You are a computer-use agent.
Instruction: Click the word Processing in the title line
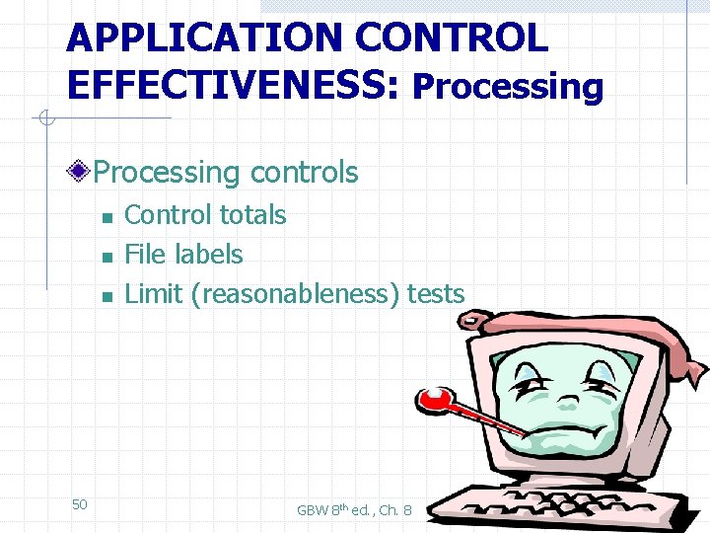(508, 87)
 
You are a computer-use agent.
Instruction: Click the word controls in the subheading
(304, 173)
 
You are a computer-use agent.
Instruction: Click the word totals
(253, 215)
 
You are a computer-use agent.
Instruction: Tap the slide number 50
(80, 504)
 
